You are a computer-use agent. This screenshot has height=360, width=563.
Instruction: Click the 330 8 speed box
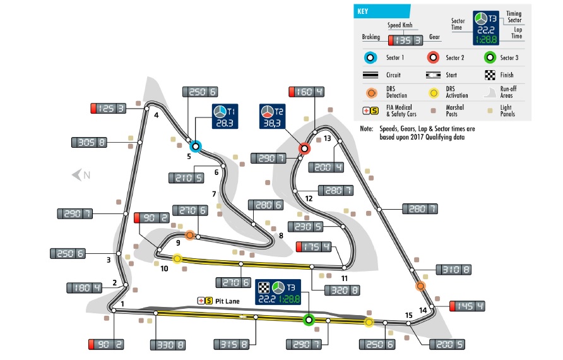(168, 345)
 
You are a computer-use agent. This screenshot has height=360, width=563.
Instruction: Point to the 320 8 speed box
(343, 291)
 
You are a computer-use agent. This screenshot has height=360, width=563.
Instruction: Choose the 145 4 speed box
(467, 307)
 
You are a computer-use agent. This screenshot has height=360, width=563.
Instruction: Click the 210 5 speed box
(186, 177)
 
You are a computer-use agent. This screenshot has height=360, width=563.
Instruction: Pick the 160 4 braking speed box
(307, 92)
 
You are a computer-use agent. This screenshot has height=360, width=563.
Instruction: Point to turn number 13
(327, 138)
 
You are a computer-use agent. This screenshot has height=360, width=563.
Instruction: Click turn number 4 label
(155, 114)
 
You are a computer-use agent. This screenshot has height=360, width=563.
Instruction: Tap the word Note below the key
(366, 129)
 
